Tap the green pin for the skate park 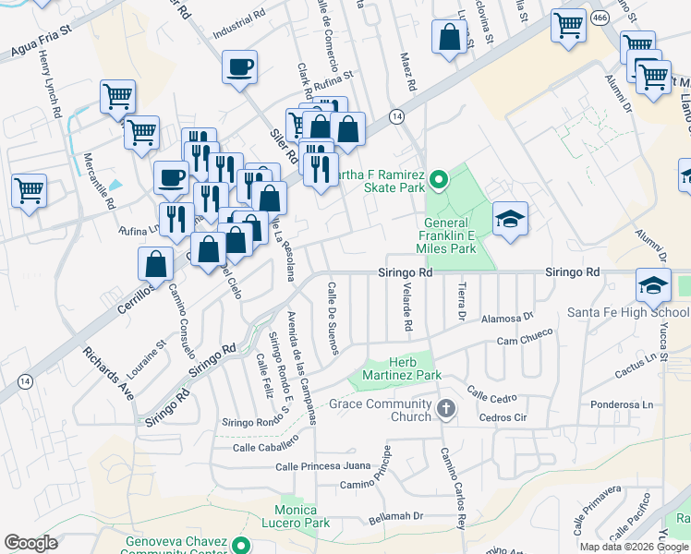tap(440, 177)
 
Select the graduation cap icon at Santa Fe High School tap(652, 285)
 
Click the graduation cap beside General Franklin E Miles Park tap(510, 219)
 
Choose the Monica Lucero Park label tap(304, 516)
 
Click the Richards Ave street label tap(109, 372)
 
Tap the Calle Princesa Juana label tap(322, 466)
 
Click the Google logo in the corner tap(31, 543)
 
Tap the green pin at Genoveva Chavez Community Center tap(241, 545)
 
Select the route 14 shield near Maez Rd tap(395, 116)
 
